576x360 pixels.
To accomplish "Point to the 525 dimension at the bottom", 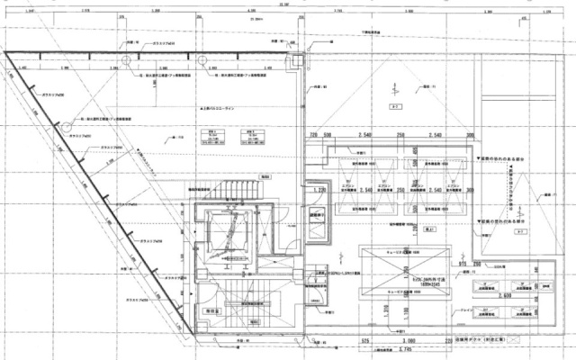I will (x=366, y=342).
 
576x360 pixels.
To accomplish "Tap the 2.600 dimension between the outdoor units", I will (x=504, y=294).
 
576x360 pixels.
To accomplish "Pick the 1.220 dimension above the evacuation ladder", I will (x=317, y=191).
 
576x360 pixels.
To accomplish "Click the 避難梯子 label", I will (x=317, y=216).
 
